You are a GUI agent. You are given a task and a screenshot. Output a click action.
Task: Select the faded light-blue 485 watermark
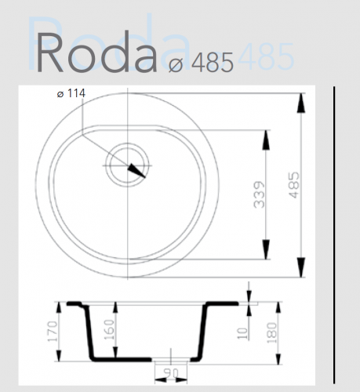click(x=266, y=56)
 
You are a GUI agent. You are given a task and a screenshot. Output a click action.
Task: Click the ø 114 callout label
click(x=71, y=94)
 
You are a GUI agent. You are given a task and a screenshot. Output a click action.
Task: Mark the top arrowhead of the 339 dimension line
click(x=267, y=134)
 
